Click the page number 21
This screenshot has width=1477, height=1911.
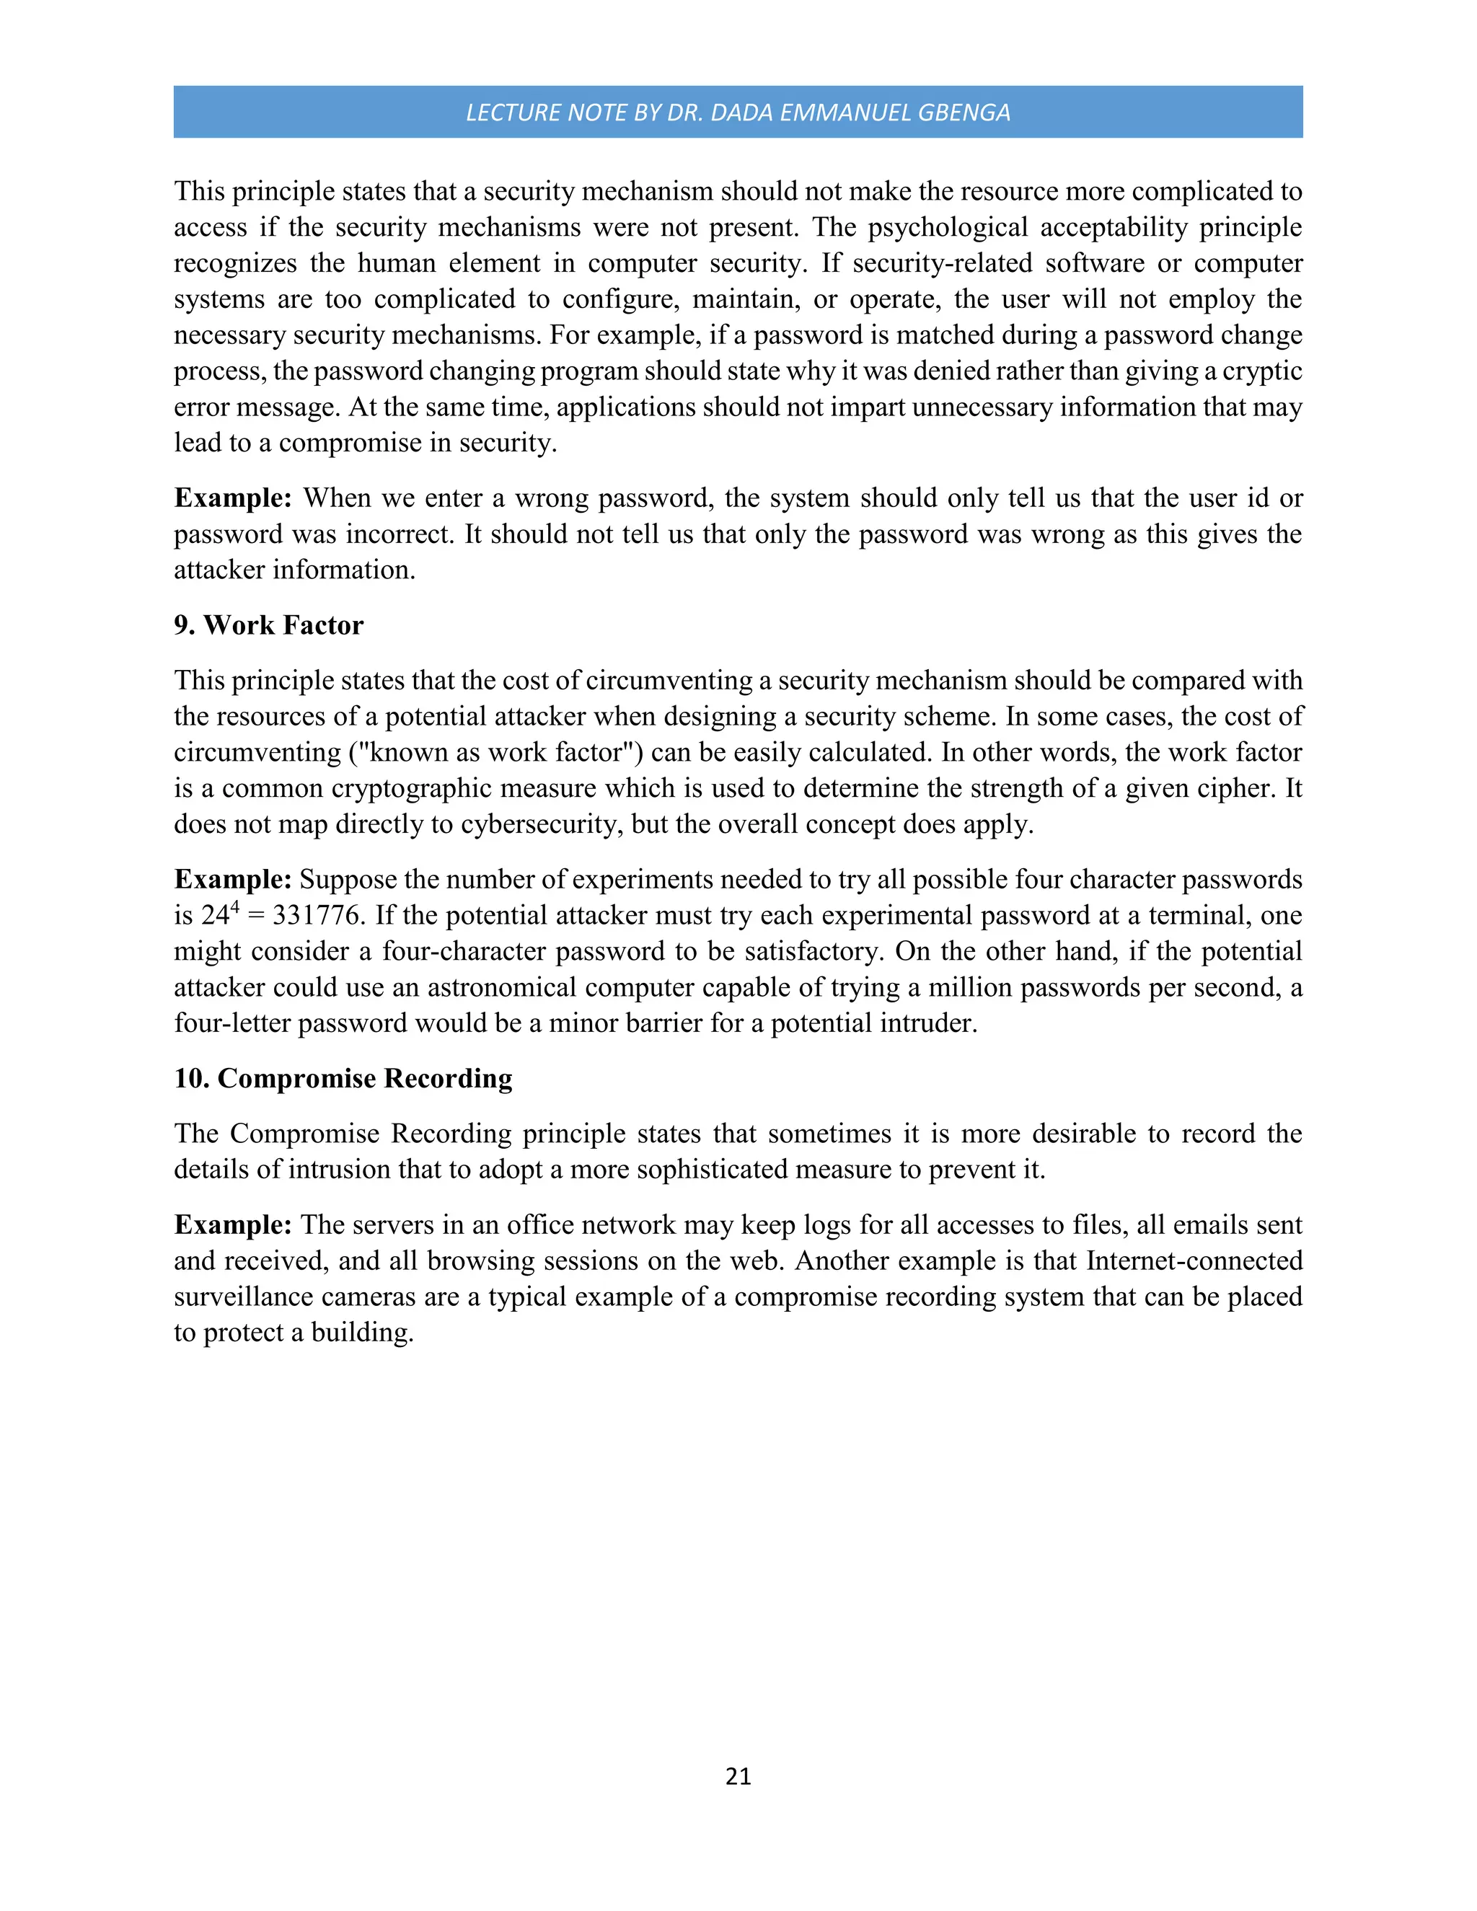click(738, 1775)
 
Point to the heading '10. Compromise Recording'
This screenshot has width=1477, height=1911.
click(343, 1078)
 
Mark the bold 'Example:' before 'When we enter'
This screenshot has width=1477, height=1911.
click(233, 498)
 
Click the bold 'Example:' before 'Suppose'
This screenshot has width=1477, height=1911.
click(233, 879)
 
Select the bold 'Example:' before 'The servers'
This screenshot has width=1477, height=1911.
click(233, 1225)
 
